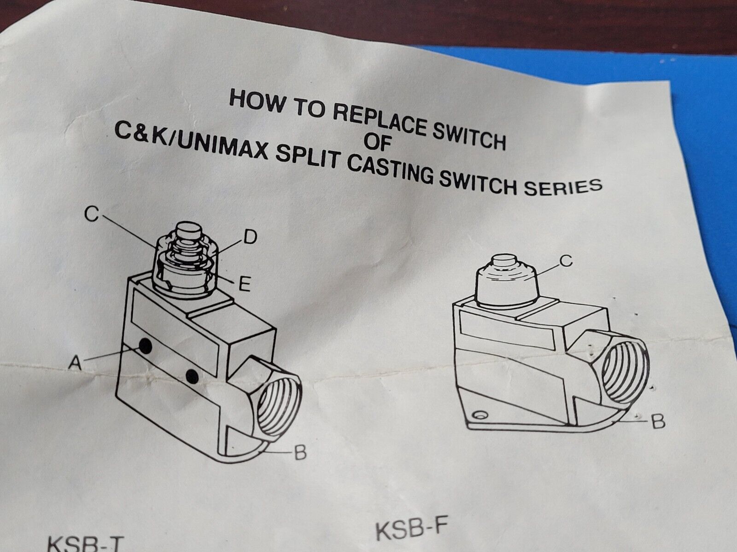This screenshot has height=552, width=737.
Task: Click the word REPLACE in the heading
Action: click(x=380, y=120)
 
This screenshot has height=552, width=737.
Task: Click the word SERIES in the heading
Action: click(x=563, y=187)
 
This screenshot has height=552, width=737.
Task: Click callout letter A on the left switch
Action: click(x=75, y=362)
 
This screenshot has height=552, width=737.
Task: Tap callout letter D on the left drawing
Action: click(x=251, y=237)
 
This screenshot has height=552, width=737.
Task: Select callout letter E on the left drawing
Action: click(x=245, y=285)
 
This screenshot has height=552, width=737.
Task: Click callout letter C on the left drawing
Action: click(x=91, y=214)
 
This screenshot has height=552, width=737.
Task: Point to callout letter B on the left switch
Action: click(x=300, y=453)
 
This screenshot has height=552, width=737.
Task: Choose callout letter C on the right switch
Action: click(x=566, y=261)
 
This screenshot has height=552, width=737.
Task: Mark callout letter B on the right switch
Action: click(x=658, y=422)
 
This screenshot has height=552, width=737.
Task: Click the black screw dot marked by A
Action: click(x=146, y=346)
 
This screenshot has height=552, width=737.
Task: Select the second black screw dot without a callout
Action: click(x=192, y=377)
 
